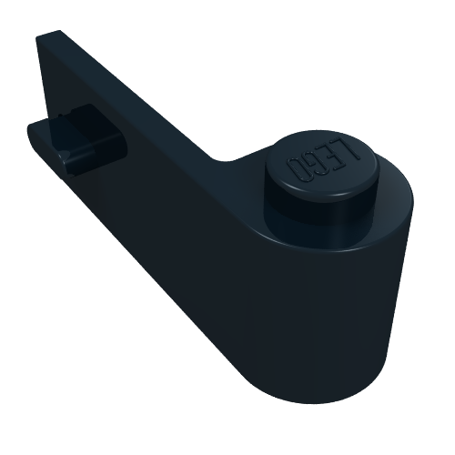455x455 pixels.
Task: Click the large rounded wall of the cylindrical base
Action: pyautogui.click(x=328, y=318)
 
